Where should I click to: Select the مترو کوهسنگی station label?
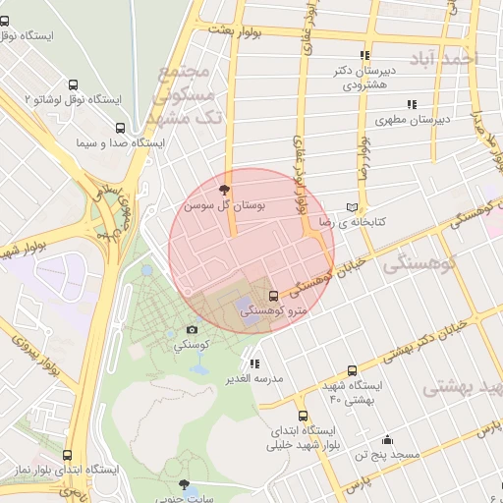(273, 310)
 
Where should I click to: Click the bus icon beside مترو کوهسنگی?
(273, 295)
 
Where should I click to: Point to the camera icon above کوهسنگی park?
(192, 330)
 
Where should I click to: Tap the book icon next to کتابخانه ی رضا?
(353, 208)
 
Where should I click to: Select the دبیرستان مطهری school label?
(412, 120)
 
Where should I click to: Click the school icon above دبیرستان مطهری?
(412, 104)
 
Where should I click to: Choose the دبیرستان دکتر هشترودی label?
(364, 78)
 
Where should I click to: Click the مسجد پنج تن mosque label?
(387, 455)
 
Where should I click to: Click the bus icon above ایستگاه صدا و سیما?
(121, 128)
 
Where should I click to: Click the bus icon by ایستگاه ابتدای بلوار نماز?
(67, 456)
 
